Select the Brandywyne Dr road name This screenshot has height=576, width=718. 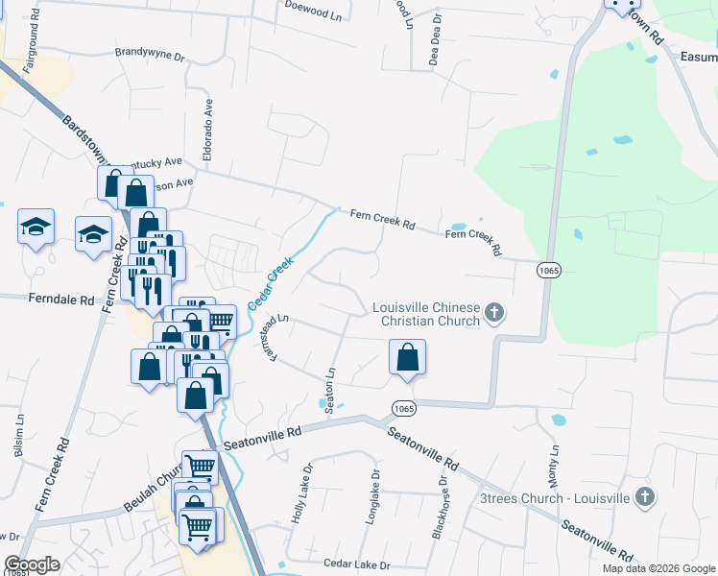(x=149, y=55)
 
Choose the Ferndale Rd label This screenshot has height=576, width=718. (x=60, y=300)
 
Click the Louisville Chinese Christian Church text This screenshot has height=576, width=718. (x=426, y=314)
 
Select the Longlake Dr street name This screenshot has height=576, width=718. (x=374, y=495)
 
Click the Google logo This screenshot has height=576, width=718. (x=33, y=564)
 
